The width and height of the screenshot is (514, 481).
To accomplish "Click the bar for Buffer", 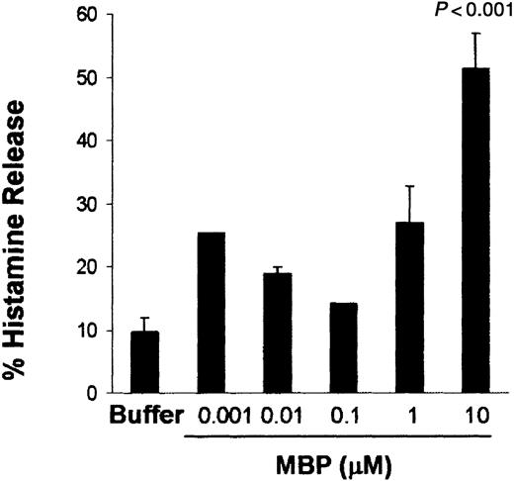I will pyautogui.click(x=146, y=362).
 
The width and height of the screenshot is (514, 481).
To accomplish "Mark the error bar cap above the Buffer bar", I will pyautogui.click(x=146, y=318).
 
